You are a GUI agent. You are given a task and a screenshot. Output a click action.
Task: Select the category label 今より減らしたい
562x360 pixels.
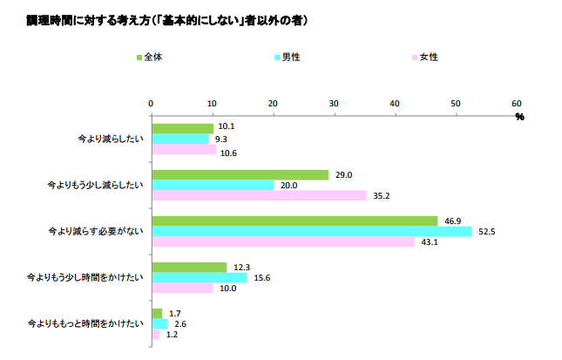click(108, 139)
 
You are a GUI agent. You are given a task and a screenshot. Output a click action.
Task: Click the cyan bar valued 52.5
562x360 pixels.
click(311, 232)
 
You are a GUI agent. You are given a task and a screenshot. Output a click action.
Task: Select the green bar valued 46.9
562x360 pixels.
click(295, 221)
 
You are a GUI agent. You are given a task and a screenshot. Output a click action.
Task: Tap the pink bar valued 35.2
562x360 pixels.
click(259, 196)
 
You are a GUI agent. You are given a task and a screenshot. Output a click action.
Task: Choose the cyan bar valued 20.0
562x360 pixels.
click(213, 185)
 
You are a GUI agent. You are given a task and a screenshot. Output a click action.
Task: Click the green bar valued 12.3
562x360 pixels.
click(189, 267)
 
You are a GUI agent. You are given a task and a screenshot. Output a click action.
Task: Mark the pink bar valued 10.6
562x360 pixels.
click(184, 150)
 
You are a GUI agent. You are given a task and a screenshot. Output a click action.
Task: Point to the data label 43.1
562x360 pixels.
click(429, 242)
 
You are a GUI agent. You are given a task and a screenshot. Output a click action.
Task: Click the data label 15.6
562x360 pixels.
click(261, 278)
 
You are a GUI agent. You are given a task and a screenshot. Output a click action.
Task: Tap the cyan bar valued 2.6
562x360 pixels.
click(159, 324)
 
